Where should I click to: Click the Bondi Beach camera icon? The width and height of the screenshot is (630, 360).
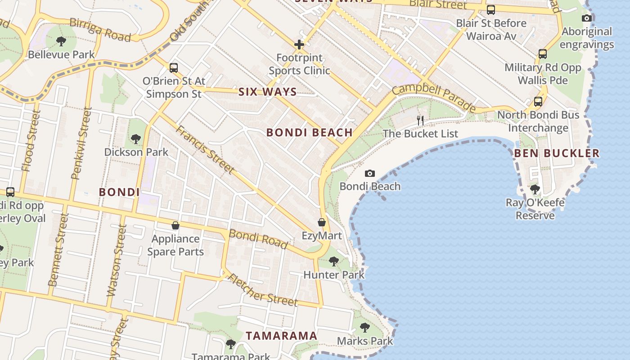(x=370, y=173)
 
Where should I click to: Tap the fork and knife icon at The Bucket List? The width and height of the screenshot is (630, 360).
(x=420, y=120)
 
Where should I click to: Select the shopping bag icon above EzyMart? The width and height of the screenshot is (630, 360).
(x=322, y=222)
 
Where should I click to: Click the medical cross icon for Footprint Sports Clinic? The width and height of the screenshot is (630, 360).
(x=299, y=45)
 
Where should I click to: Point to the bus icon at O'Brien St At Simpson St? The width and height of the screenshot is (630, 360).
(x=174, y=68)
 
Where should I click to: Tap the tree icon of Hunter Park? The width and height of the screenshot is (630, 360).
(x=333, y=261)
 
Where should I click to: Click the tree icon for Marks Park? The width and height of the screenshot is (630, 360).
(x=365, y=327)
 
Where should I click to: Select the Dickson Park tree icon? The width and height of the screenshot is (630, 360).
(x=136, y=139)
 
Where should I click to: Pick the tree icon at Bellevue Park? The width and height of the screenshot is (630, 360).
(x=61, y=41)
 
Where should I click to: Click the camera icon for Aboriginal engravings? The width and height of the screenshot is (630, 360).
(x=587, y=18)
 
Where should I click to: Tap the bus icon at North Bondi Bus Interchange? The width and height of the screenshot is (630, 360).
(x=538, y=101)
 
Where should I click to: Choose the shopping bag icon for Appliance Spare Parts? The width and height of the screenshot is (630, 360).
(x=175, y=225)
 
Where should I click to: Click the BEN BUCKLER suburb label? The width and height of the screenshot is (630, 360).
(x=557, y=153)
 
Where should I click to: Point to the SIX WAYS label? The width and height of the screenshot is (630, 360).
(x=267, y=92)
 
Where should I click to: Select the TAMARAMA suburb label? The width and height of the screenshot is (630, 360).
(x=282, y=336)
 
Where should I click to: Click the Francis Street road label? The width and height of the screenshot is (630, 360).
(x=205, y=149)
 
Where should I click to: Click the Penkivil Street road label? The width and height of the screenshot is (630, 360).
(x=81, y=143)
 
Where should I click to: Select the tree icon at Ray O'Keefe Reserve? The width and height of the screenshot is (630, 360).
(x=535, y=189)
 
